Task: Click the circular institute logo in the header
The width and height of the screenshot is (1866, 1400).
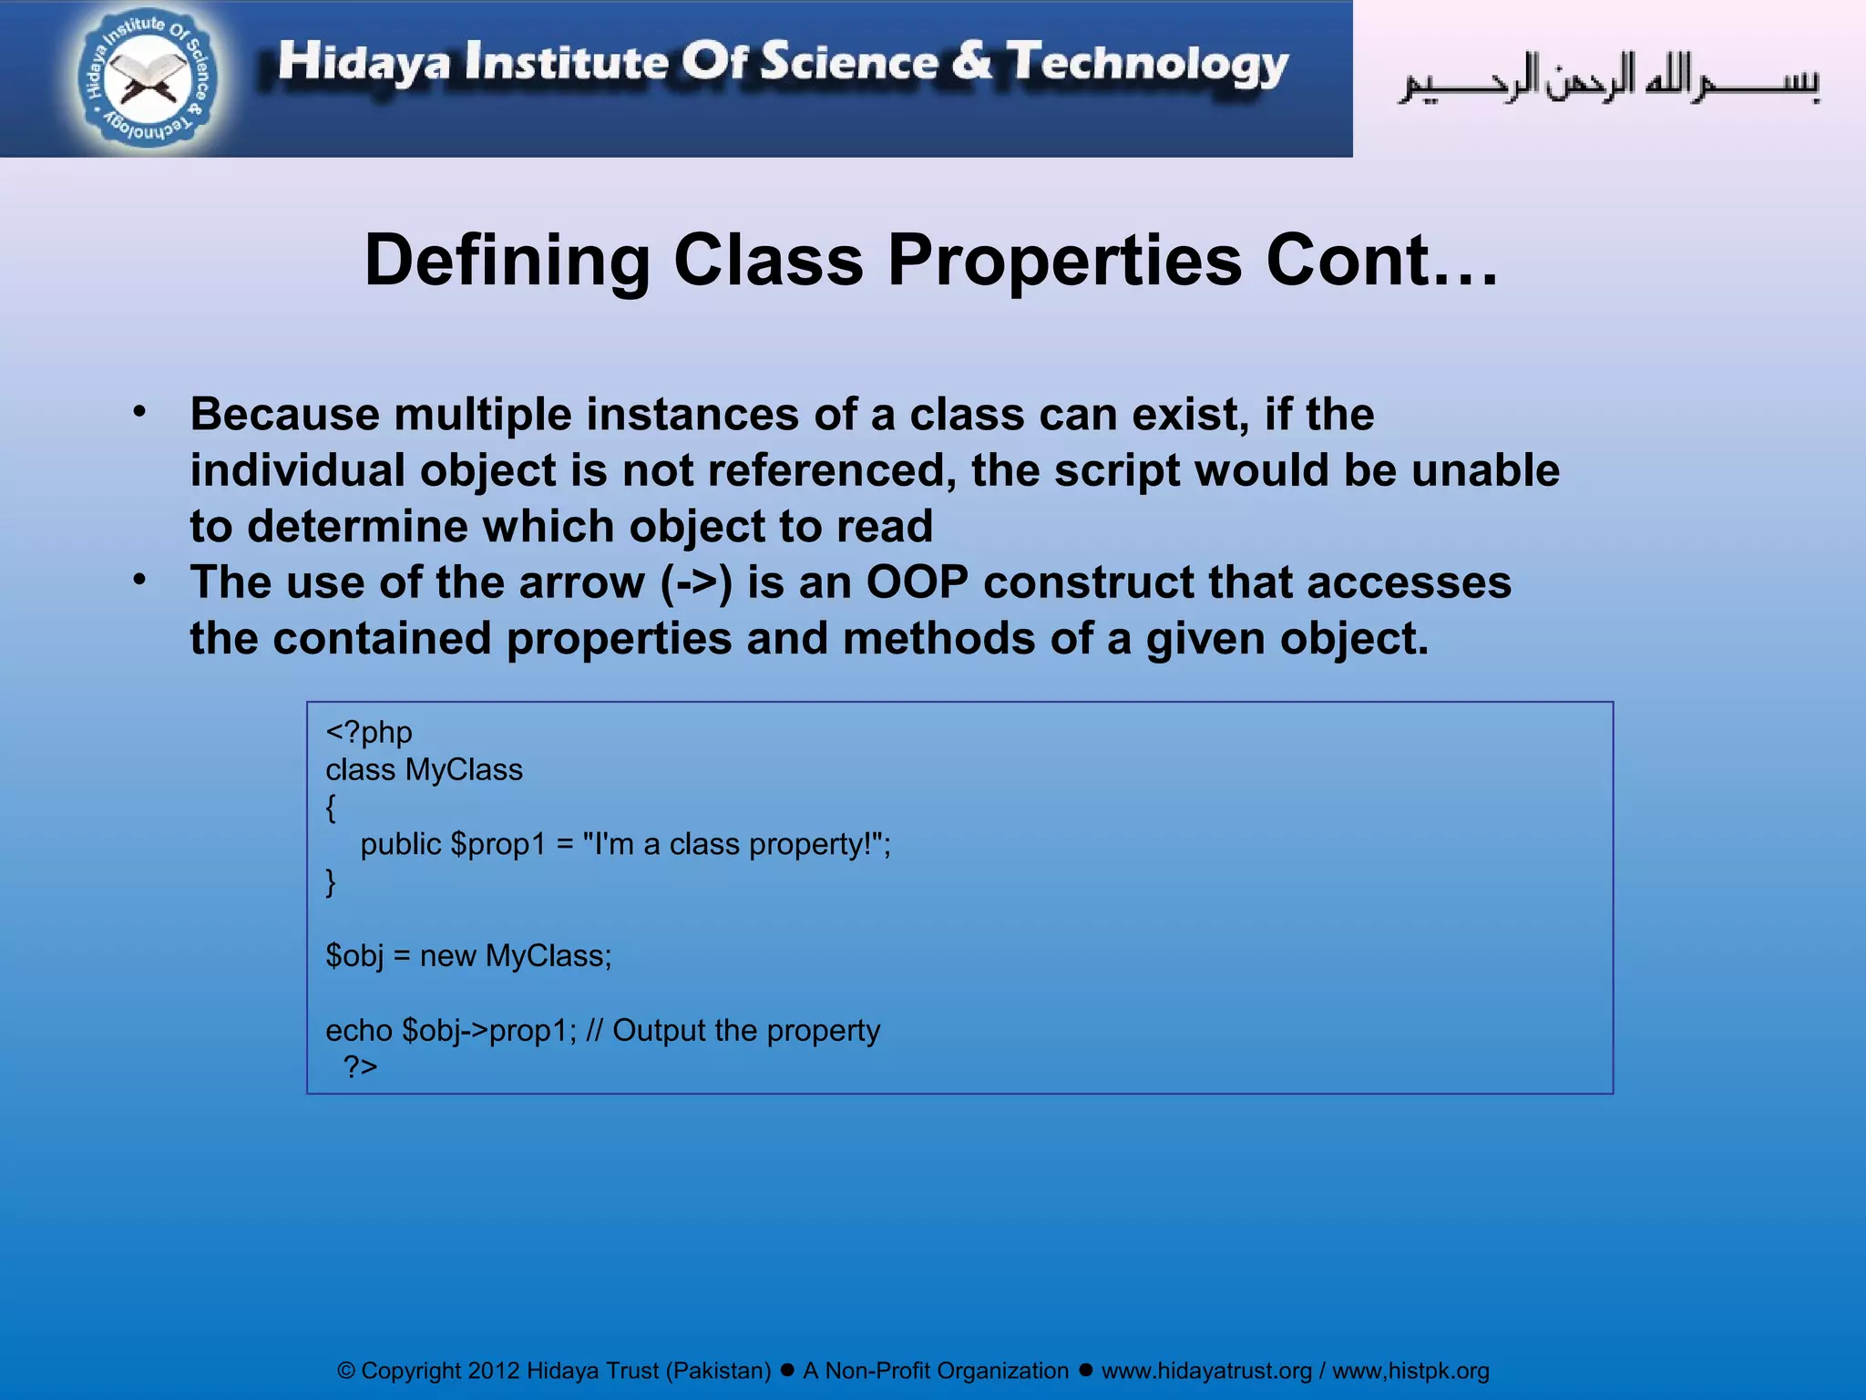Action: (x=149, y=80)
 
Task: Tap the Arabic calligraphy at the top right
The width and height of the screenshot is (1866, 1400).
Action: (x=1608, y=80)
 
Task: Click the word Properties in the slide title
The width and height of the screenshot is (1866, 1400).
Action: (x=1065, y=262)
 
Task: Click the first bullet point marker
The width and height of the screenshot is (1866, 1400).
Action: (x=139, y=412)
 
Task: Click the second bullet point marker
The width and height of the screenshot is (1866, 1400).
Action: (x=139, y=580)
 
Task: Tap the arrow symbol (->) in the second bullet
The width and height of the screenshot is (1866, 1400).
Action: (x=696, y=583)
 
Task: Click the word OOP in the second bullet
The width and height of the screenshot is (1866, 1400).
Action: (x=917, y=582)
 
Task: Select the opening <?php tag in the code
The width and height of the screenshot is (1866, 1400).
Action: (x=369, y=733)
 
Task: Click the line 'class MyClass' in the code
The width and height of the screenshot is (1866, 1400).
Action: (x=424, y=770)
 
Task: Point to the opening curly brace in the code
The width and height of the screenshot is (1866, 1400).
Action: (x=331, y=808)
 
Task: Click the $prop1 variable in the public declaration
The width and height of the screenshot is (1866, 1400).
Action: (x=497, y=845)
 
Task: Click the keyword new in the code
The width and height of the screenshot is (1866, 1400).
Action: (x=448, y=956)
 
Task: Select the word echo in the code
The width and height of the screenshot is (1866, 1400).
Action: (x=359, y=1031)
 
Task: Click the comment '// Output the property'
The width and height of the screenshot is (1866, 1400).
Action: (x=733, y=1031)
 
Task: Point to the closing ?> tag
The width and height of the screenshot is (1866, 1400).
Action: (x=360, y=1066)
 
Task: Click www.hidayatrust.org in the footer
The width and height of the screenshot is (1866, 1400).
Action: (x=1206, y=1371)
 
